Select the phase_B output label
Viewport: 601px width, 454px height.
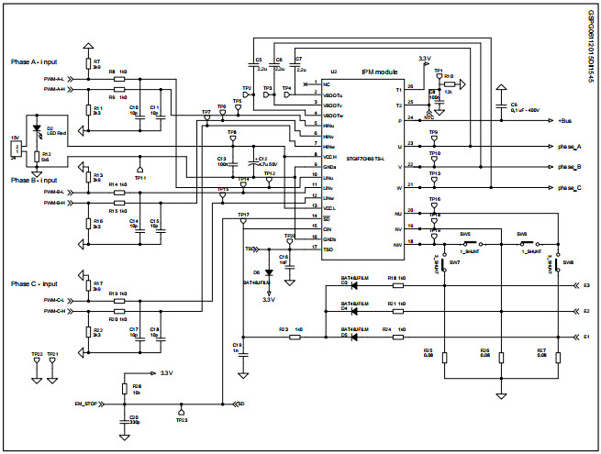pos(569,167)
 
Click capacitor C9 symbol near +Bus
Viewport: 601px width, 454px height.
pos(502,105)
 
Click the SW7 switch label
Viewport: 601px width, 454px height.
pos(454,262)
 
